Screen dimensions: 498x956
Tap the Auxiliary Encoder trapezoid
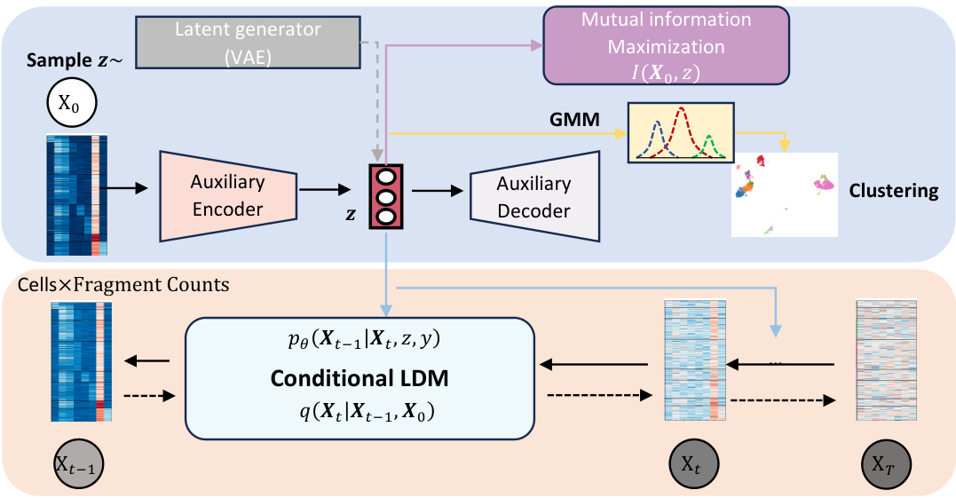coord(227,196)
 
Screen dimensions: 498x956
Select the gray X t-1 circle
coord(76,464)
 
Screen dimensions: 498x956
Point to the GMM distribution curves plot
coord(681,133)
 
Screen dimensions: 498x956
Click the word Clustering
coord(893,191)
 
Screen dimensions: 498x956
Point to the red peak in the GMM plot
coord(681,114)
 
